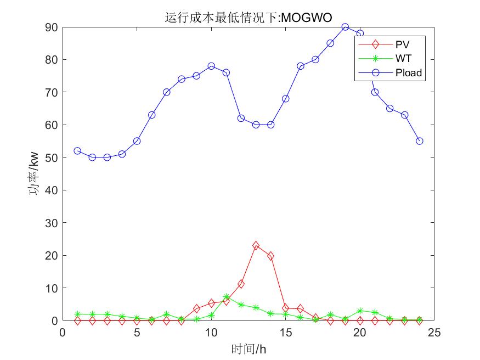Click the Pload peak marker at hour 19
coord(345,27)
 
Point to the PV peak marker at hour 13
coord(256,245)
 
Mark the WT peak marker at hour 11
coord(226,297)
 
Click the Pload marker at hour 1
coord(77,151)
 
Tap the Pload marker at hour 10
coord(211,66)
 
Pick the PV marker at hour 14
coord(270,256)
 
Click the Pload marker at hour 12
coord(241,118)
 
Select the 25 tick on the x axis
coord(434,332)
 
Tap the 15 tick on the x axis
coord(285,332)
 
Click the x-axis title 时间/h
coord(248,348)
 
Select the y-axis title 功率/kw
coord(34,174)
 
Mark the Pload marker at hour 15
coord(285,99)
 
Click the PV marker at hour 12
coord(241,284)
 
